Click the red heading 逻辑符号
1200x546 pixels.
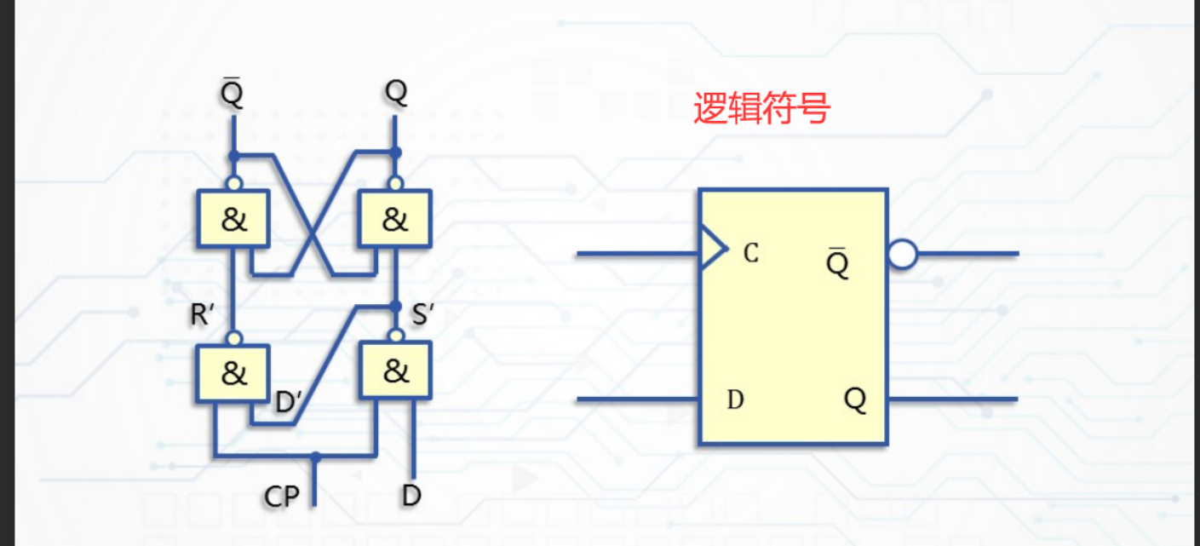click(x=761, y=109)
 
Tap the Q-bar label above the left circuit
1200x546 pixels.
click(x=232, y=93)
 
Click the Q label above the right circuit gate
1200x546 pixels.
click(x=395, y=92)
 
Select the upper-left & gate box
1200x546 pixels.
click(x=233, y=219)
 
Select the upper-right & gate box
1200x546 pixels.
click(x=395, y=219)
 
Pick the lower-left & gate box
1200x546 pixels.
click(x=233, y=372)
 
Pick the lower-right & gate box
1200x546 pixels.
click(x=395, y=371)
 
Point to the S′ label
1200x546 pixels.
click(x=423, y=314)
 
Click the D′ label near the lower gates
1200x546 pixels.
click(x=289, y=402)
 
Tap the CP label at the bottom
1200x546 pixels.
click(x=282, y=496)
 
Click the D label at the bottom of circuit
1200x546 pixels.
click(x=411, y=495)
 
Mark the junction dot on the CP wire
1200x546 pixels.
click(x=315, y=457)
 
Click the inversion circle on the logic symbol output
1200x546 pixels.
click(x=902, y=254)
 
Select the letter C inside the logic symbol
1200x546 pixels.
click(x=750, y=253)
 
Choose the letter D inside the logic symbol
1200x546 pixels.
click(x=736, y=399)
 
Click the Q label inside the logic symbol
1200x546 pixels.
click(x=855, y=399)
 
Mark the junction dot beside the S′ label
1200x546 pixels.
click(x=395, y=306)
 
